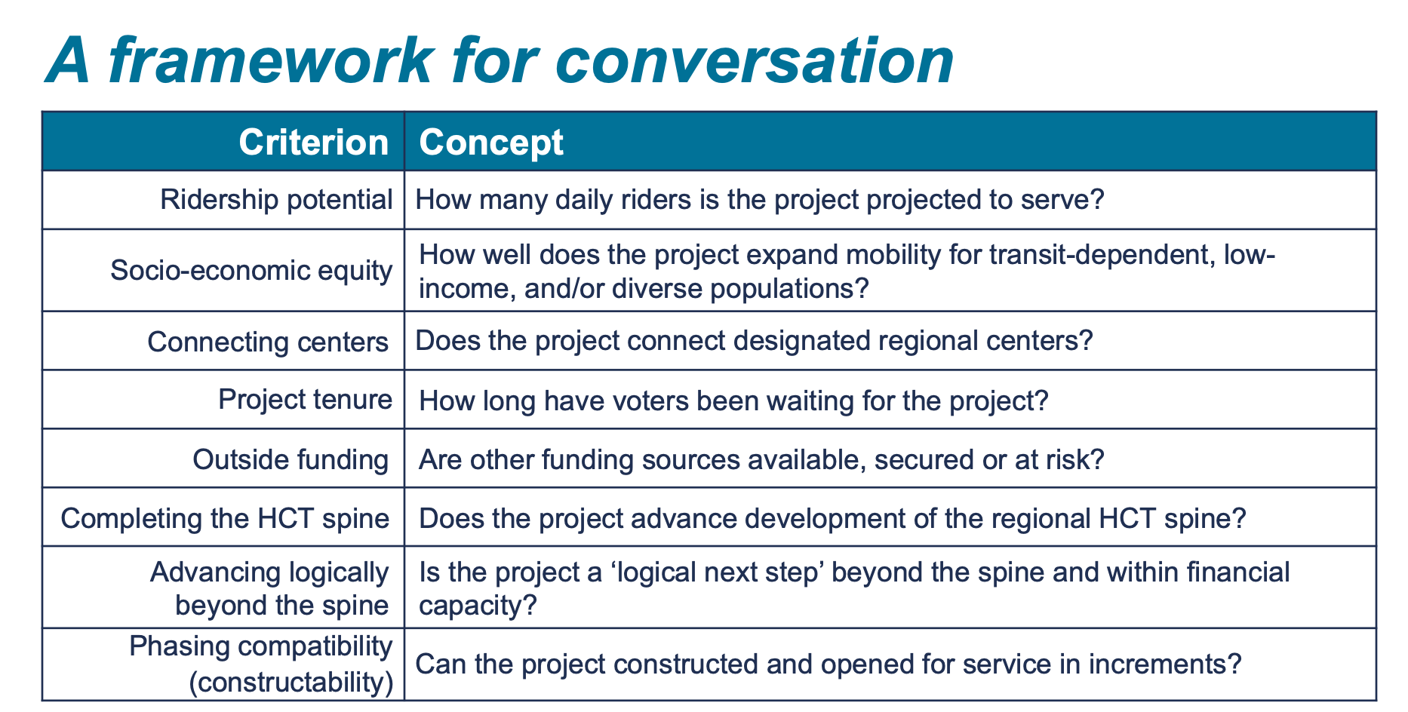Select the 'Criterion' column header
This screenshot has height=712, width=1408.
coord(313,142)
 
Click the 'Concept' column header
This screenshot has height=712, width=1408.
coord(491,142)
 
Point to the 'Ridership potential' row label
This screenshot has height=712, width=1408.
coord(276,200)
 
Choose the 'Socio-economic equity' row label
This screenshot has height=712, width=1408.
coord(251,270)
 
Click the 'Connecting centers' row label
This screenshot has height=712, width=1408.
coord(268,342)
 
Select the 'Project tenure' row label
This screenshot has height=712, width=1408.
coord(305,399)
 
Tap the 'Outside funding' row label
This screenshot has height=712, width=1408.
coord(291,459)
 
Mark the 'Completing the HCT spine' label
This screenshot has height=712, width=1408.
coord(225,518)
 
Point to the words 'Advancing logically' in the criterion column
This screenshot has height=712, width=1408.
coord(269,572)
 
